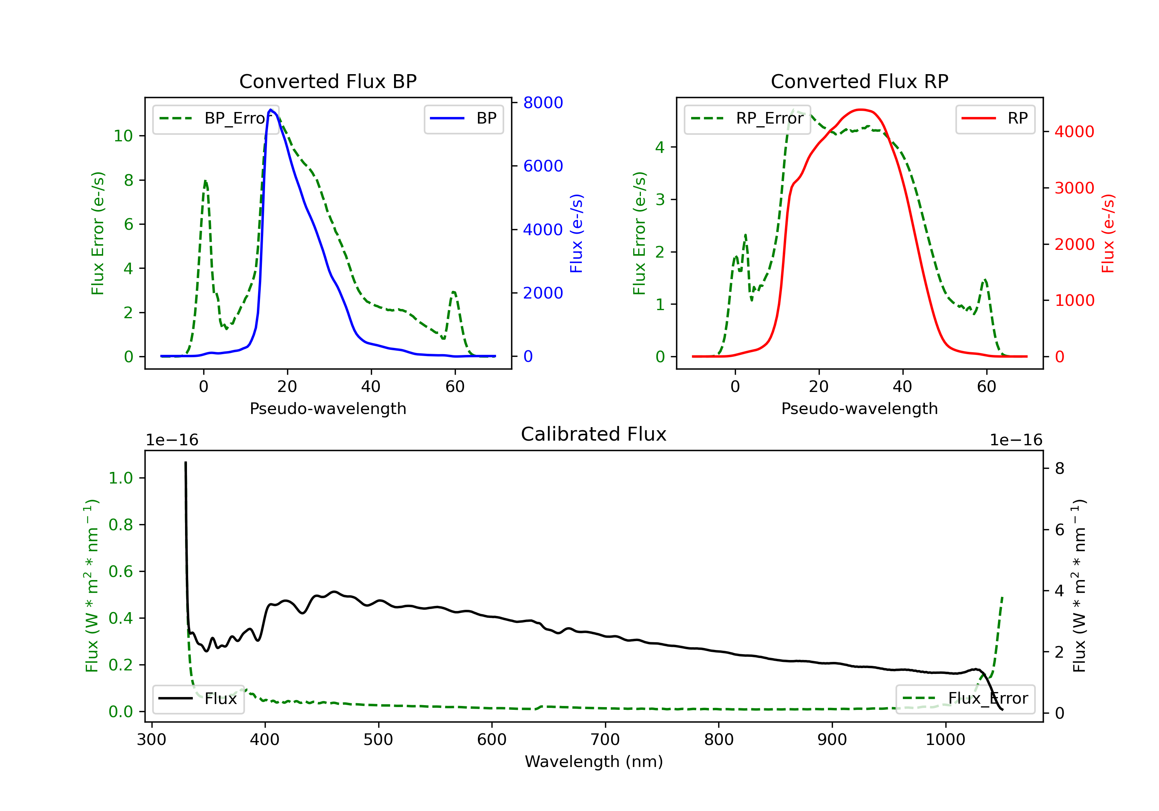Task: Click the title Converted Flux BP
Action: click(328, 81)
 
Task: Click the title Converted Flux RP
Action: click(859, 81)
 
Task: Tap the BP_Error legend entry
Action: click(216, 119)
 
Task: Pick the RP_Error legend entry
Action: click(747, 119)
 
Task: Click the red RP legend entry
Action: click(995, 119)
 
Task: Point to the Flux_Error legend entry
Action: click(965, 699)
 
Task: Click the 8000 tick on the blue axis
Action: click(543, 103)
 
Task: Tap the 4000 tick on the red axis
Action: click(1074, 132)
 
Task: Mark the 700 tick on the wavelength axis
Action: click(605, 740)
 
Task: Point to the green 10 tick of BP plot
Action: click(123, 136)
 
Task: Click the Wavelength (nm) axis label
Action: click(594, 762)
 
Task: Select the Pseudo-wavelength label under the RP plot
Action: click(859, 409)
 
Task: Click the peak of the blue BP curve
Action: click(270, 110)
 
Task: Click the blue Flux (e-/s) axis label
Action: click(576, 233)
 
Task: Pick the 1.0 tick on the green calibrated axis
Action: click(121, 478)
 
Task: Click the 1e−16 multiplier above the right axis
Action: click(1016, 440)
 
